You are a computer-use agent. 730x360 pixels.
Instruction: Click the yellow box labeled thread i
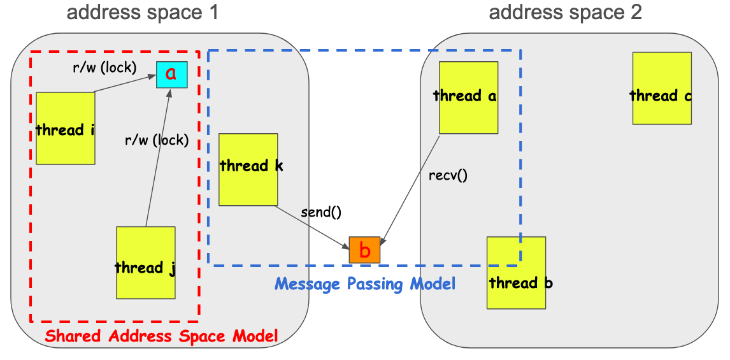pos(66,128)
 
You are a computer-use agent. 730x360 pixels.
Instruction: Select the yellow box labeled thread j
pos(145,263)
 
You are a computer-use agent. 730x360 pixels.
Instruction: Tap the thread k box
pos(248,169)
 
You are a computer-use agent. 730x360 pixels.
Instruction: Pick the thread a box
pos(468,97)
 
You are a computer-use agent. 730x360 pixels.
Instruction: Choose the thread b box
pos(516,273)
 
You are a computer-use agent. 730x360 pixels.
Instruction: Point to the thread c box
pos(661,88)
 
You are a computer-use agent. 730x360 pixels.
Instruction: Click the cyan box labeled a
pos(171,74)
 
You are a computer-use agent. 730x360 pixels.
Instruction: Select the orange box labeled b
pos(364,250)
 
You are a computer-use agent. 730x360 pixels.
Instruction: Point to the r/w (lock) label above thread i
pos(104,66)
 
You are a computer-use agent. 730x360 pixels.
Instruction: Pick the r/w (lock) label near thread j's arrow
pos(157,140)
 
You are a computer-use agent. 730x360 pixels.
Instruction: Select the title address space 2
pos(565,12)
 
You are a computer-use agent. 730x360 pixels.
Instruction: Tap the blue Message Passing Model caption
pos(365,284)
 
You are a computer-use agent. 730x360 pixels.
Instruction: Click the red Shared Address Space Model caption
pos(161,335)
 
